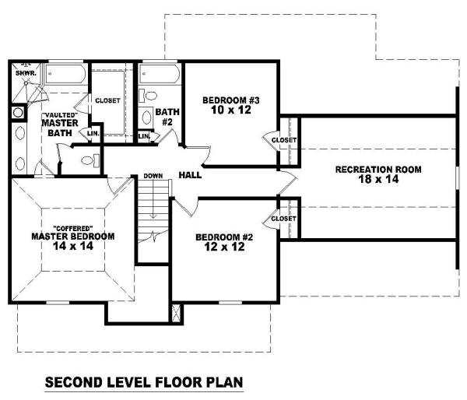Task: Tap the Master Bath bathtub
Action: [x=65, y=74]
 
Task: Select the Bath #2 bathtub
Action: [x=160, y=74]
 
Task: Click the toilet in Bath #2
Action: [x=149, y=96]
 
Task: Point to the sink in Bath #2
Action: [x=146, y=118]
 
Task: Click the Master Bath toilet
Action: [x=90, y=160]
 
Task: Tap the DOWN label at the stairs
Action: [x=153, y=176]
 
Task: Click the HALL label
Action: [x=190, y=175]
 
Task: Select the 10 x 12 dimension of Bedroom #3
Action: [x=231, y=110]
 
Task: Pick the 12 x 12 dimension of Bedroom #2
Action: [x=225, y=247]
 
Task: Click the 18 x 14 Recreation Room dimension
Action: [x=378, y=179]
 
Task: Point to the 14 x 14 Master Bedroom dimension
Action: [x=73, y=246]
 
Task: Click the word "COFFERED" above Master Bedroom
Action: [x=73, y=229]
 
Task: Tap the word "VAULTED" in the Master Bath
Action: [x=60, y=114]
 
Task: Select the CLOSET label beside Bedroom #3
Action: [x=284, y=140]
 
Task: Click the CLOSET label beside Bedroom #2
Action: [x=283, y=219]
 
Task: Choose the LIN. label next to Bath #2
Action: [x=144, y=136]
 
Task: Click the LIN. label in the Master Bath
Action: [x=93, y=133]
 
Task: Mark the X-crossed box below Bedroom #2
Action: [x=177, y=313]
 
